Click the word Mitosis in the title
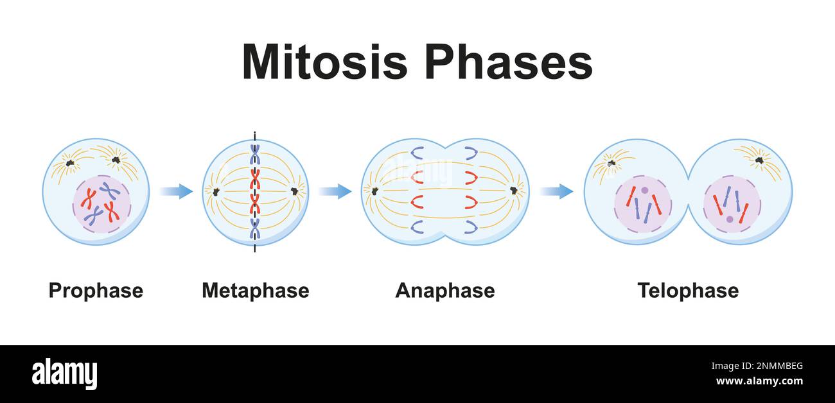pyautogui.click(x=324, y=62)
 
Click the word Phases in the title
pyautogui.click(x=507, y=62)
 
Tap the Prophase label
pyautogui.click(x=96, y=291)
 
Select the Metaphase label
pyautogui.click(x=255, y=291)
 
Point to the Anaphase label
pyautogui.click(x=444, y=291)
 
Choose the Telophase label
pyautogui.click(x=687, y=291)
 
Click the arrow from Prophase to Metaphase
pyautogui.click(x=176, y=191)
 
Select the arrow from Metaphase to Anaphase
pyautogui.click(x=335, y=191)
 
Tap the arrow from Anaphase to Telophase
pyautogui.click(x=556, y=191)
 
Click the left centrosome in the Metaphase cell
pyautogui.click(x=216, y=191)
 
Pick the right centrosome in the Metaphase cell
pyautogui.click(x=295, y=191)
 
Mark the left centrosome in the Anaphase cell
pyautogui.click(x=374, y=191)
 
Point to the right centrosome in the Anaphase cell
pyautogui.click(x=514, y=191)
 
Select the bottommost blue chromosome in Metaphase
pyautogui.click(x=255, y=228)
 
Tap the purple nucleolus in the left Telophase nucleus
pyautogui.click(x=644, y=191)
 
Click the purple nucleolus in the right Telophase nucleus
pyautogui.click(x=730, y=219)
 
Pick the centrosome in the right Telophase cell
pyautogui.click(x=759, y=160)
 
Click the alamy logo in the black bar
pyautogui.click(x=64, y=374)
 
